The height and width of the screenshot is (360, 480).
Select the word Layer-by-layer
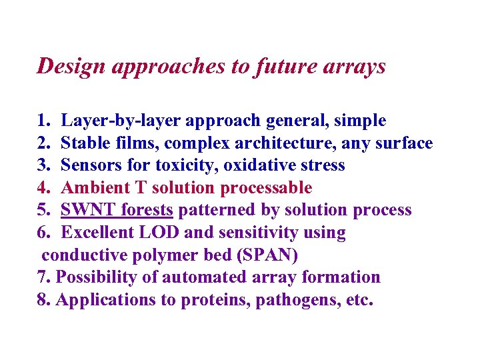[x=111, y=121]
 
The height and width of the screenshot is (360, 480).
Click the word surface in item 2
[x=406, y=143]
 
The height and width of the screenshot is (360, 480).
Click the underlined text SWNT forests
[x=117, y=211]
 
